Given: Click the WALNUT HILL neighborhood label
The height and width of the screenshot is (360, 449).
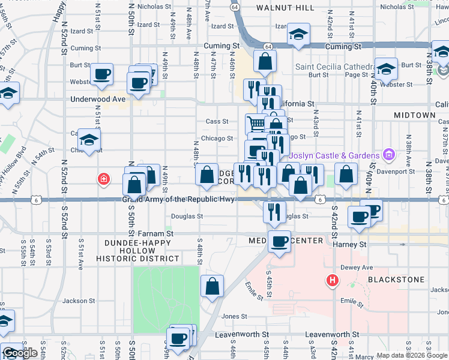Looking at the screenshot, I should [285, 7].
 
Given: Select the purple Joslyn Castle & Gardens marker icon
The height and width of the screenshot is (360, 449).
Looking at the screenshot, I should [389, 155].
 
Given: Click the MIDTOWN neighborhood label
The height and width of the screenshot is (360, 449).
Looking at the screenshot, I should [414, 115].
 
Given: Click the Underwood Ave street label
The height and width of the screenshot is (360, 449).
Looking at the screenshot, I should [98, 99].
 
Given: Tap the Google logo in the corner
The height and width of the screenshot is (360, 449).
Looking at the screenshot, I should [20, 353].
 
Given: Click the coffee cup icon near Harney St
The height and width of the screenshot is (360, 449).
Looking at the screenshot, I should [279, 241].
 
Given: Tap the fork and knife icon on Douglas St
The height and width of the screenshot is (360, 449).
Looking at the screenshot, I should [274, 212].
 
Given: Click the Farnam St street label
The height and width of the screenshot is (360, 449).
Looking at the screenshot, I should [156, 233].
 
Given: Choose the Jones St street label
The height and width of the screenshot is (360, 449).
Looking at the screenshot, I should [234, 316].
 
